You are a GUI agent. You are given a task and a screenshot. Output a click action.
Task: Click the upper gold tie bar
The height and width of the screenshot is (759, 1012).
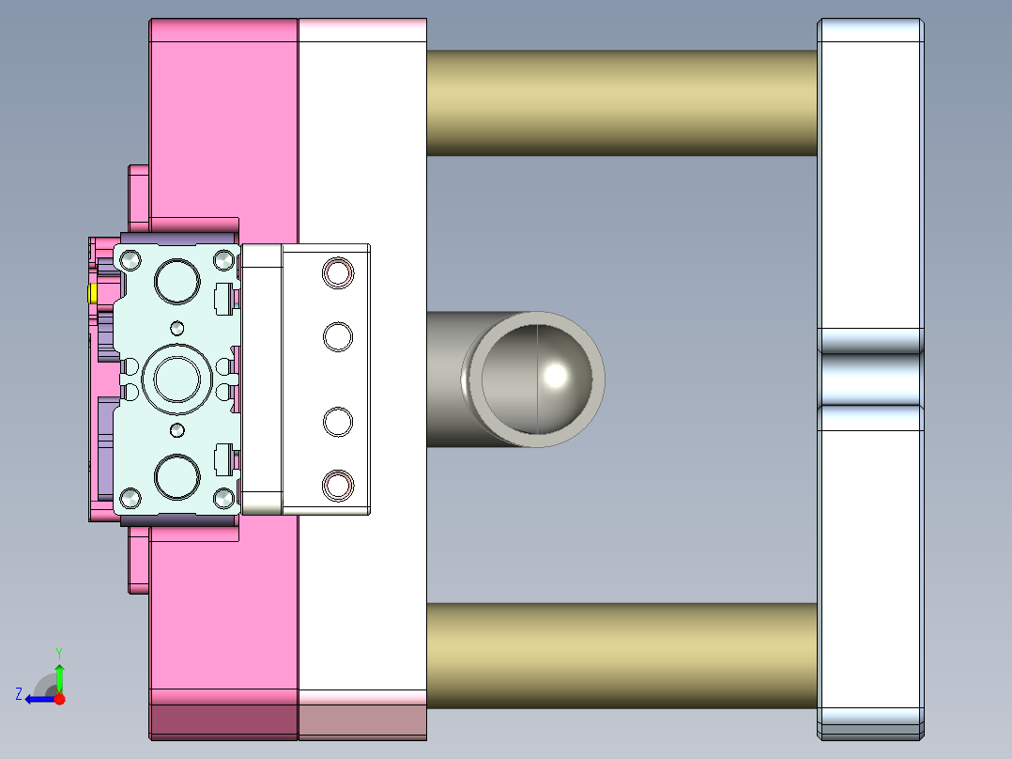621,102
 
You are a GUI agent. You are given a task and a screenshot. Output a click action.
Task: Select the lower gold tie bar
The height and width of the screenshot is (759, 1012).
621,656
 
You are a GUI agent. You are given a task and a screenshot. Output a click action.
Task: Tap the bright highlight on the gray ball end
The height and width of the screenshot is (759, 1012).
556,375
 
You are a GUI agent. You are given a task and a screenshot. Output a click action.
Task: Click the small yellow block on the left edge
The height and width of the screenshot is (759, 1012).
93,294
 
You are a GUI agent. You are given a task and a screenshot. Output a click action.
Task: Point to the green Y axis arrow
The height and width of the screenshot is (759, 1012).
59,675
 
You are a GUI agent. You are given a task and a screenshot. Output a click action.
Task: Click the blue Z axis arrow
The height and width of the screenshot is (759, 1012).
38,698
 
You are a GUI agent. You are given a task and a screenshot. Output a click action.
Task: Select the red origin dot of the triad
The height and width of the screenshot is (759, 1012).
59,699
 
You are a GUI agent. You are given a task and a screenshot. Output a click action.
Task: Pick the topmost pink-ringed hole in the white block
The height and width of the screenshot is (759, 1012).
338,272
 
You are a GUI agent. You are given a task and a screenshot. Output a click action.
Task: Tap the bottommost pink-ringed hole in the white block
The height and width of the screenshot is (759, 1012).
338,485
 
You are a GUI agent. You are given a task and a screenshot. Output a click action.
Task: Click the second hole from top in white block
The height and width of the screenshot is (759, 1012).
338,336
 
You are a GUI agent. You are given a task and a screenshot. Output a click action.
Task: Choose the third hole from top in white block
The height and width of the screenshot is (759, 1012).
338,422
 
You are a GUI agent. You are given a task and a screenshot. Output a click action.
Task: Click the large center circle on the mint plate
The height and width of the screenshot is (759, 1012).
177,380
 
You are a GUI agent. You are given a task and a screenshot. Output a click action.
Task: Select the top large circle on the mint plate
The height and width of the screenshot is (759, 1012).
177,281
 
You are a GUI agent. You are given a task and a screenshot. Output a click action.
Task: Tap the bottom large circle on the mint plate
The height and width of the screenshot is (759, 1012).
177,477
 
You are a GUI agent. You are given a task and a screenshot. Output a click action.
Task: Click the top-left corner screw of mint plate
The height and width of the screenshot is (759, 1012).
129,257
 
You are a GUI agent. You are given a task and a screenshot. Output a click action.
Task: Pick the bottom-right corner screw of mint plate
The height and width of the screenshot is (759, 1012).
223,497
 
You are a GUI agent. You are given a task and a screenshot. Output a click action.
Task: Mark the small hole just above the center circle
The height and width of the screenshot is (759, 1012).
177,328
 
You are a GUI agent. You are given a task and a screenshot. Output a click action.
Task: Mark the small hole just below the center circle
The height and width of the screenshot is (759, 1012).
177,429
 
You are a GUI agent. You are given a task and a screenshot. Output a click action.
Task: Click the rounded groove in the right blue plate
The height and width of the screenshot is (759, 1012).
870,379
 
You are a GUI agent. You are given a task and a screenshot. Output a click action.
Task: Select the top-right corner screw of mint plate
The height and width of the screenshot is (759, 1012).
223,257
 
